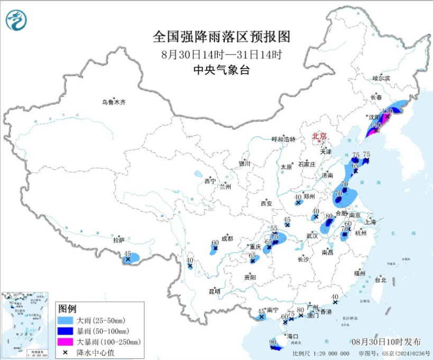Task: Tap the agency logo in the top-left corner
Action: pos(17,20)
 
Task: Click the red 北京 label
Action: pos(319,136)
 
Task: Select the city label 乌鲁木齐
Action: pos(115,102)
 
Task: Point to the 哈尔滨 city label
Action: pos(381,78)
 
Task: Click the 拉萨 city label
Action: pos(118,239)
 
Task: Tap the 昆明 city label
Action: pos(214,291)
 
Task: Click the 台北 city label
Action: pos(380,280)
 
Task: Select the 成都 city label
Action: pos(227,238)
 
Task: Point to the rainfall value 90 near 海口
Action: pos(273,343)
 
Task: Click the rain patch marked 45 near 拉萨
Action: pos(132,259)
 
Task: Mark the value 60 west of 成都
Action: pos(215,244)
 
